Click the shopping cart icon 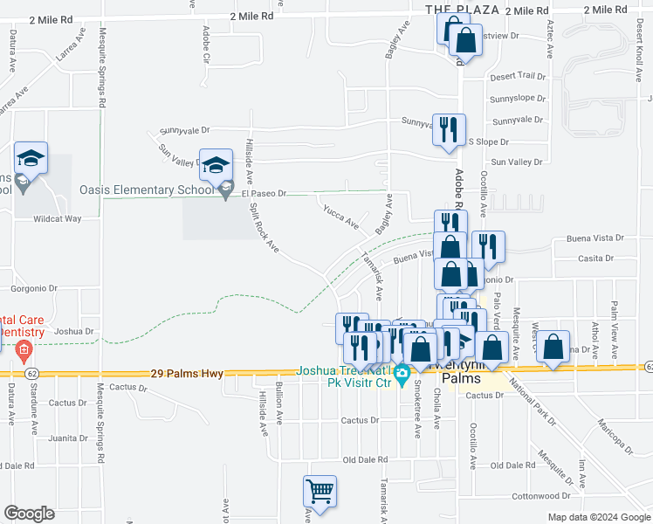[320, 492]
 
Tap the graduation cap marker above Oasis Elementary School [217, 164]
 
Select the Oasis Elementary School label [146, 189]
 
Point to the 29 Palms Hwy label [187, 373]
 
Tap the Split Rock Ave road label [265, 230]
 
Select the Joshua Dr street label [73, 331]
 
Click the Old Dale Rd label [365, 459]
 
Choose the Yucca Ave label [340, 217]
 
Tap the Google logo [29, 513]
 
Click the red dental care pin [23, 352]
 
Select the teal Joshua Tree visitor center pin [402, 377]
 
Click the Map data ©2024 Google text [598, 517]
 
